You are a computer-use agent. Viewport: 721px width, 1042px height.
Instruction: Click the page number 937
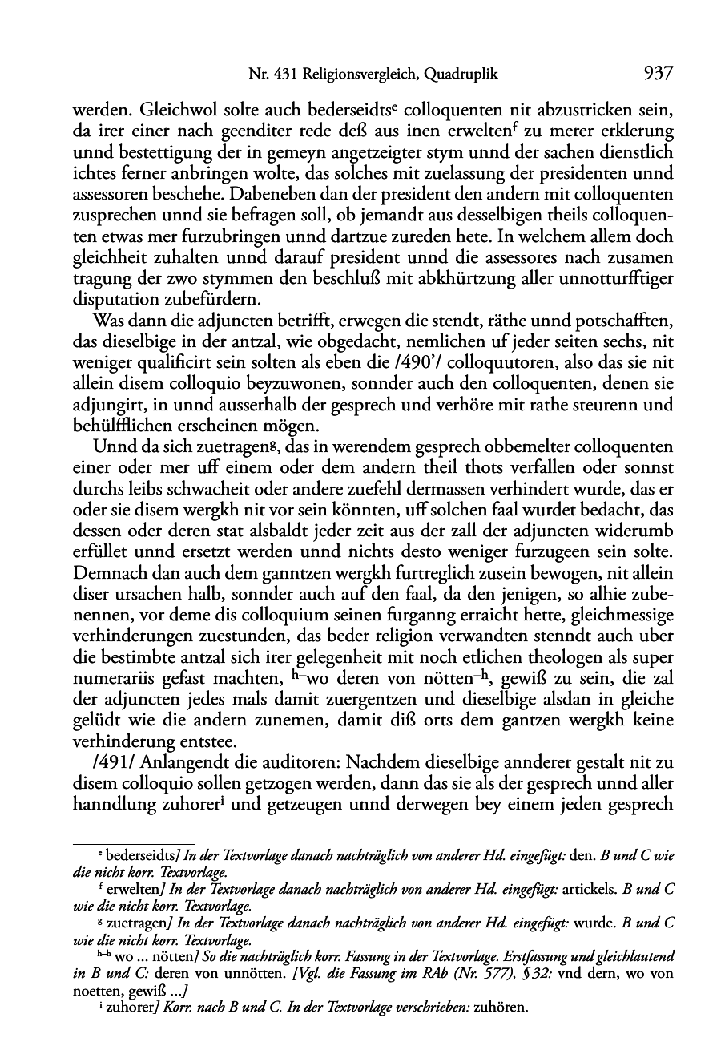coord(657,75)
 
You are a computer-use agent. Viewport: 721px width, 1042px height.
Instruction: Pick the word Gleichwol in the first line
coord(172,108)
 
